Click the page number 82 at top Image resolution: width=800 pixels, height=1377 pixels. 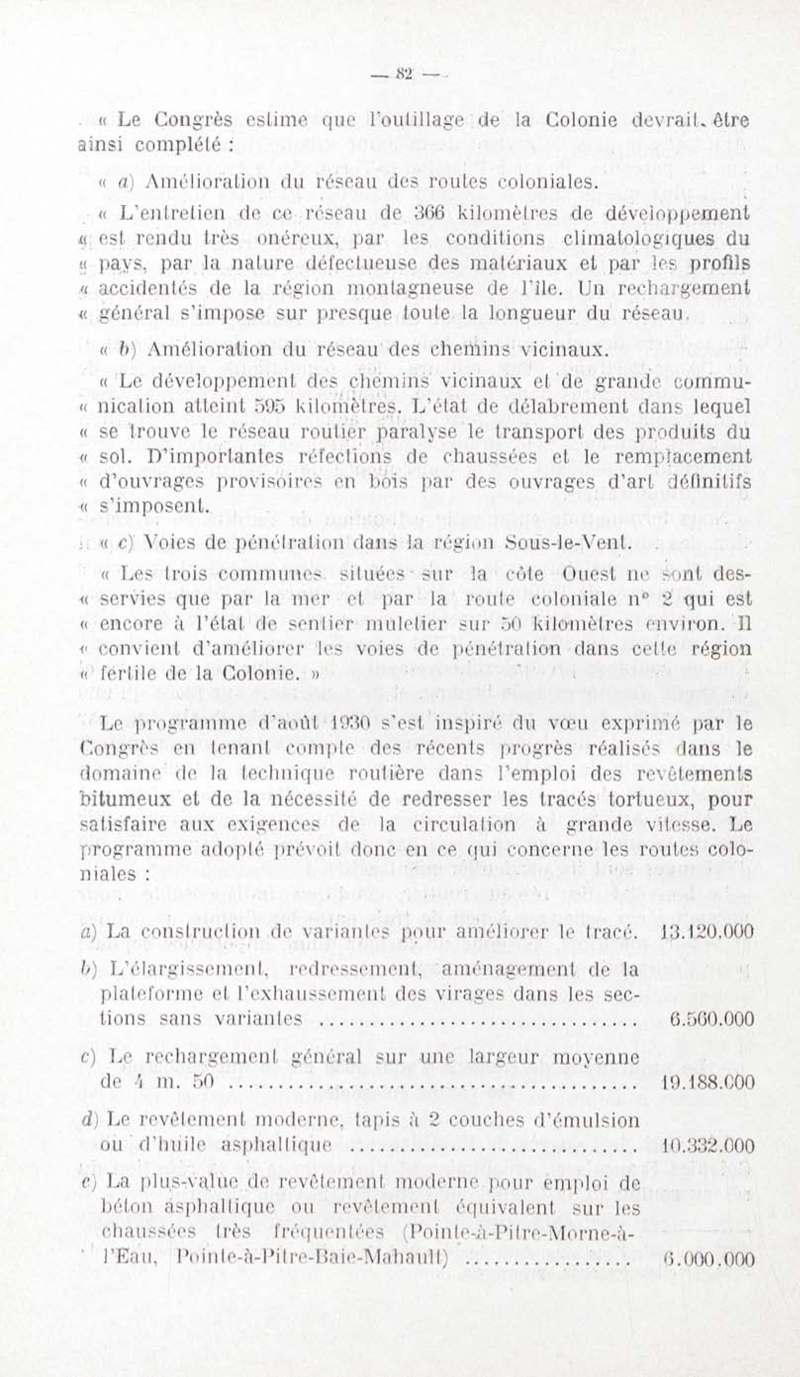tap(405, 74)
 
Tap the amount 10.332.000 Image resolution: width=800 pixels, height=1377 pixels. tap(707, 1145)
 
